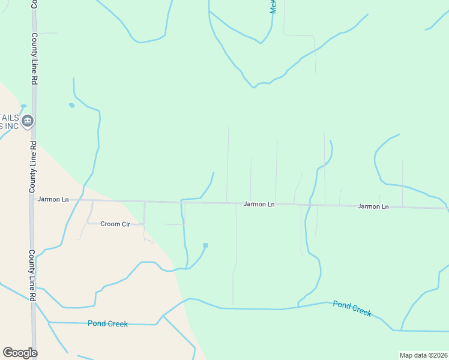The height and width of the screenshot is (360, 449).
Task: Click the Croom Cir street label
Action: [x=115, y=224]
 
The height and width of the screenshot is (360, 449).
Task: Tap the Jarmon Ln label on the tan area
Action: [x=53, y=199]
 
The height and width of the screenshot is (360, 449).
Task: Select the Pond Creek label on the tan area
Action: [x=107, y=323]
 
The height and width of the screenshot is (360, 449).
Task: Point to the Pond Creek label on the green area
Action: [x=352, y=308]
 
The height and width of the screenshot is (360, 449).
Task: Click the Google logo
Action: [x=20, y=353]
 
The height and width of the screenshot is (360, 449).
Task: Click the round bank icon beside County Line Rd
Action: [x=27, y=122]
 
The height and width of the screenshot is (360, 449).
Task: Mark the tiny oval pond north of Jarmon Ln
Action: [x=71, y=106]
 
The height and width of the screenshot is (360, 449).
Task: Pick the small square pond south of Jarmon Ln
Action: [x=205, y=245]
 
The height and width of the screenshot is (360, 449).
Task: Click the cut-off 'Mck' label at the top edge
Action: [x=273, y=7]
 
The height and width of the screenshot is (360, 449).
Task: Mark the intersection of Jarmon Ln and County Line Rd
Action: [x=33, y=199]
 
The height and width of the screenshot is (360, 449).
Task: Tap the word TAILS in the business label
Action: [x=10, y=118]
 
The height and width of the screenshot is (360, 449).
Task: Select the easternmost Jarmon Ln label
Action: [x=373, y=206]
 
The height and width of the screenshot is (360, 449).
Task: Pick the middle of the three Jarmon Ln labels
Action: [x=259, y=204]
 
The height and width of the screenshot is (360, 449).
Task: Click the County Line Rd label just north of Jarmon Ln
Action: [x=33, y=167]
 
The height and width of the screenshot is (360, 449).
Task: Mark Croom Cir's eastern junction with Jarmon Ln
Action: [x=145, y=202]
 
